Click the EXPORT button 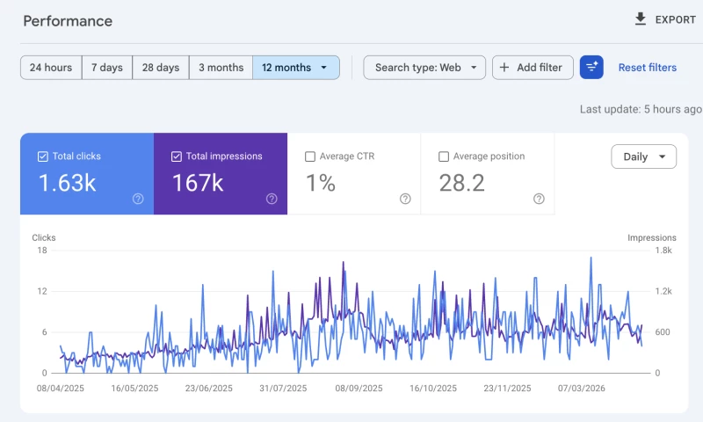[665, 19]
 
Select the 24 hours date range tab [51, 68]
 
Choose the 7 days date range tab [107, 68]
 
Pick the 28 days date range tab [161, 68]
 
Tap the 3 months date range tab [221, 68]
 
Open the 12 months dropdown [296, 68]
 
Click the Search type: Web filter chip [424, 68]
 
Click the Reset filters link [648, 68]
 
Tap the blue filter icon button [591, 68]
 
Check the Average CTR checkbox [310, 156]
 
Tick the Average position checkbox [444, 156]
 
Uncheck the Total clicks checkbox [42, 156]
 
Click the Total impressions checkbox [177, 156]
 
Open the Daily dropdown [643, 156]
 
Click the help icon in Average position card [539, 199]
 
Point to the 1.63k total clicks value [68, 183]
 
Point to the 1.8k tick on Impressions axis [663, 251]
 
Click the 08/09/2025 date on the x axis [359, 389]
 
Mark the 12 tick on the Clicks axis [42, 292]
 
